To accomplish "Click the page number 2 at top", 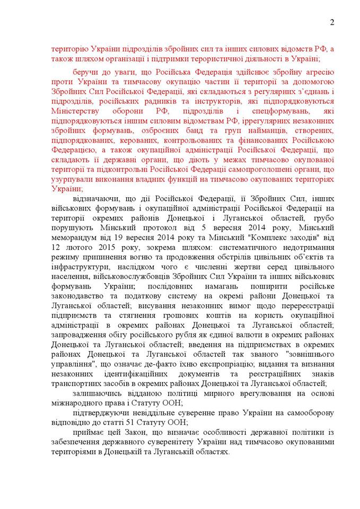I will coord(332,22).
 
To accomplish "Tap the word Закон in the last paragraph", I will coord(122,433).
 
